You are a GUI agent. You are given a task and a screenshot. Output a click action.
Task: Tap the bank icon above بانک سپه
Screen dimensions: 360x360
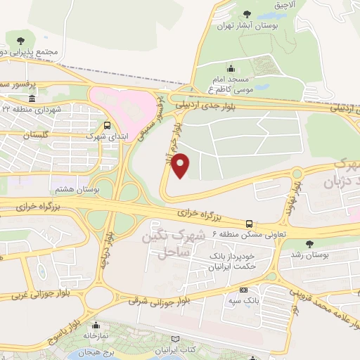pyautogui.click(x=243, y=290)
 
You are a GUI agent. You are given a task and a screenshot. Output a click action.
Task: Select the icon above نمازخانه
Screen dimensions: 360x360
pyautogui.click(x=94, y=326)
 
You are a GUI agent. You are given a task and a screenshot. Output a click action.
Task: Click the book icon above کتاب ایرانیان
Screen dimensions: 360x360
pyautogui.click(x=184, y=339)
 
